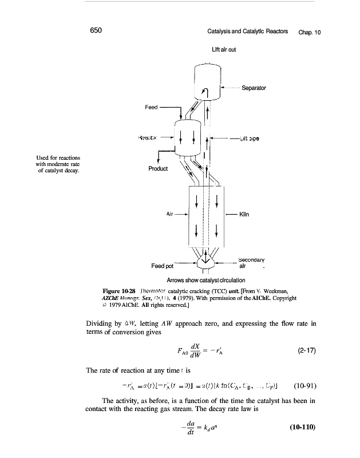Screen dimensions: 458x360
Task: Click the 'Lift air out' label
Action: coord(224,50)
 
